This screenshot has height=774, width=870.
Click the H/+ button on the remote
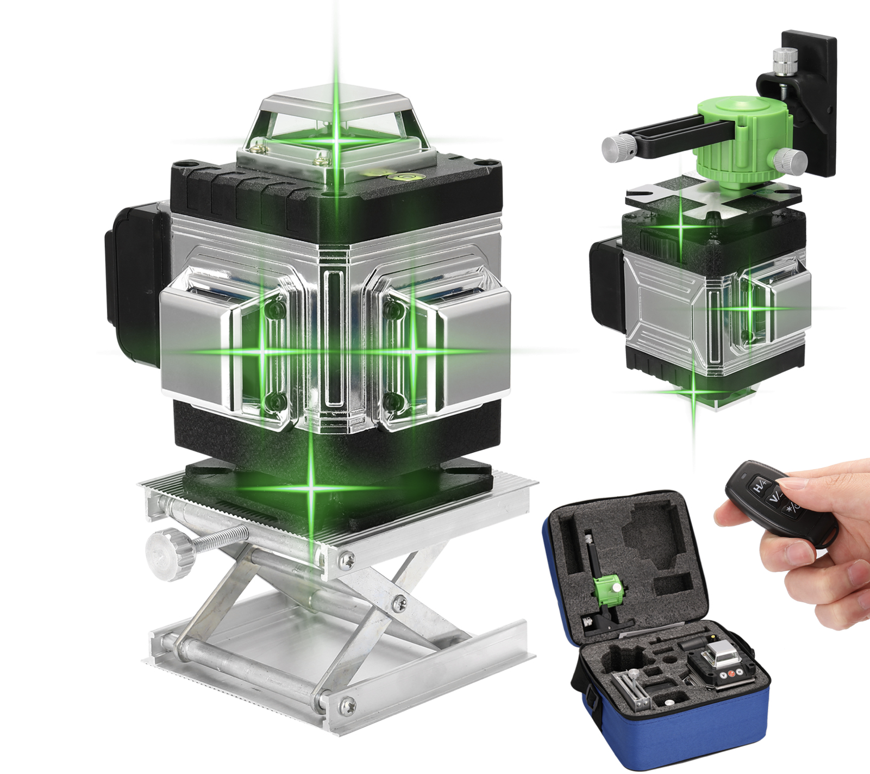(x=759, y=485)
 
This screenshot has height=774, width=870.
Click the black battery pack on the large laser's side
(x=133, y=283)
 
